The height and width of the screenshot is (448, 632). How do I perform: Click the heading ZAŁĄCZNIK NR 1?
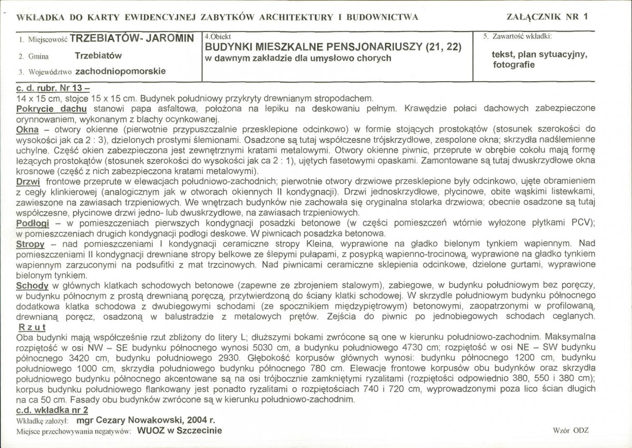pyautogui.click(x=547, y=16)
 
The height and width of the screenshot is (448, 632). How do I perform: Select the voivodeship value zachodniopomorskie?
pyautogui.click(x=120, y=71)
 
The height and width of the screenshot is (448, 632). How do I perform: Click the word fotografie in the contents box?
pyautogui.click(x=514, y=65)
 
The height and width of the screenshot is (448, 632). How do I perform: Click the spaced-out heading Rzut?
pyautogui.click(x=31, y=327)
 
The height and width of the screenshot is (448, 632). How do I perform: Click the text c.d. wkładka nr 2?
pyautogui.click(x=52, y=410)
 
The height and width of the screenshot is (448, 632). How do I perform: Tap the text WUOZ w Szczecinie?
pyautogui.click(x=179, y=430)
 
